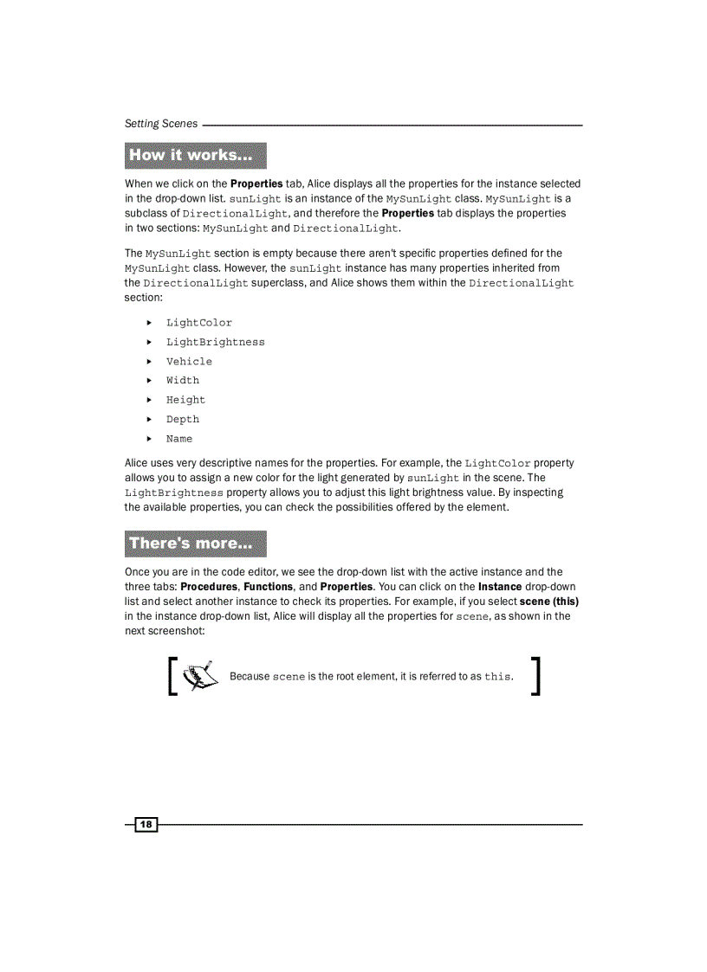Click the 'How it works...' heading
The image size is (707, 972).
(196, 156)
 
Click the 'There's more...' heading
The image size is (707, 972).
(196, 544)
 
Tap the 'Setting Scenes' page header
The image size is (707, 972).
(161, 124)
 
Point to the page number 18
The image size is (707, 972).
(146, 825)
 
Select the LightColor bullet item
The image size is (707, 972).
(199, 323)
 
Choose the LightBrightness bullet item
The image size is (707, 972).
(216, 342)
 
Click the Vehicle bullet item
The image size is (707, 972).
(189, 362)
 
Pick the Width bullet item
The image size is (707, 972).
(183, 381)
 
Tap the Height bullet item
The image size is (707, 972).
(186, 400)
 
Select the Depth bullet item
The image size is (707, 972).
(183, 420)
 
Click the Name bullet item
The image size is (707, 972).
(179, 439)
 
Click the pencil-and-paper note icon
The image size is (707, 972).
(199, 673)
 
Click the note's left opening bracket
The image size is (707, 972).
(173, 675)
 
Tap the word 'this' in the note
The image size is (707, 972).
(498, 677)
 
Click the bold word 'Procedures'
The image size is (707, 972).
(210, 587)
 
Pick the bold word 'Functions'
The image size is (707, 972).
(268, 587)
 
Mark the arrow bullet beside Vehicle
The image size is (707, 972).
(149, 362)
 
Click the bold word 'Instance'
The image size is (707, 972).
(500, 587)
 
